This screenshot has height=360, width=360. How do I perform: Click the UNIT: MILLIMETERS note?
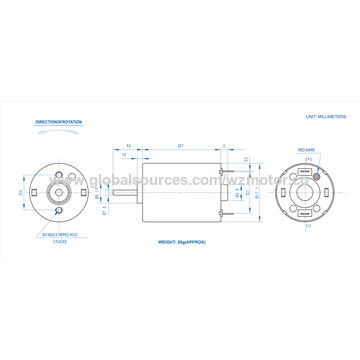coord(326,117)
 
